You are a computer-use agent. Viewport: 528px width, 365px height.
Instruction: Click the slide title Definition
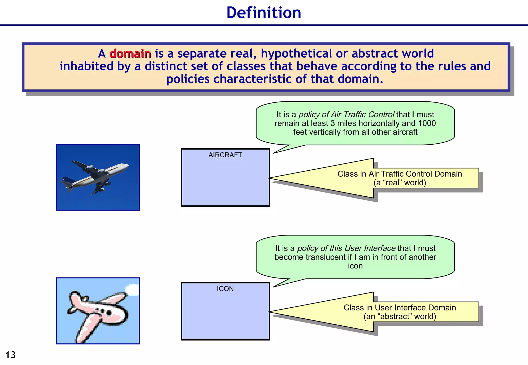coord(264,13)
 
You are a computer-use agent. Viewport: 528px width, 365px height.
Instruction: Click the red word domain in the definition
coord(130,54)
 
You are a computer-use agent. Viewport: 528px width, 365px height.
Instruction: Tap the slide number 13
coord(11,355)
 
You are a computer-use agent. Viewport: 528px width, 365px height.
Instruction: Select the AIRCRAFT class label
coord(225,155)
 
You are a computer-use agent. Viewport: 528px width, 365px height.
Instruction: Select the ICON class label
coord(225,289)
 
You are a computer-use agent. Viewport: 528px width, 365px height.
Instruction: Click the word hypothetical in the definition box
coord(296,54)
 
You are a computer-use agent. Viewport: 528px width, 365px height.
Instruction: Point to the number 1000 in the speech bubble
coord(427,123)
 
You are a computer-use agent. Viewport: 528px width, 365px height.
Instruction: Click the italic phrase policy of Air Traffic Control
coord(346,114)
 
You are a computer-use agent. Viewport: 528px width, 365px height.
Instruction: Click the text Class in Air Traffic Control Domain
coord(400,174)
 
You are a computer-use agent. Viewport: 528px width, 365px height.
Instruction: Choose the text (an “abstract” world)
coord(400,316)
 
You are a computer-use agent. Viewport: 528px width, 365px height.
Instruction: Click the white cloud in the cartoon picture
coord(133,289)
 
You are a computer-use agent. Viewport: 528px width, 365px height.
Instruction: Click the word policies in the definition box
coord(188,79)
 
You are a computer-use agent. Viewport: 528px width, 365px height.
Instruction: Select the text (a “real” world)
coord(400,183)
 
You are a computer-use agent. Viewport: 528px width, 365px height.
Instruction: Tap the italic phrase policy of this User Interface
coord(346,248)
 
